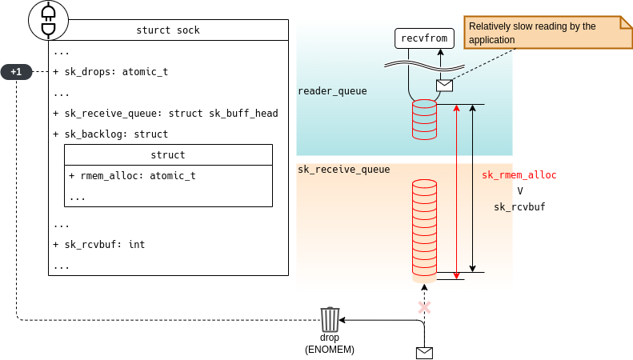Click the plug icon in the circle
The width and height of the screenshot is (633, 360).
(x=48, y=21)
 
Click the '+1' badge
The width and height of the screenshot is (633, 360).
(x=16, y=72)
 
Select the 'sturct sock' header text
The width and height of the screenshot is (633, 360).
(x=168, y=30)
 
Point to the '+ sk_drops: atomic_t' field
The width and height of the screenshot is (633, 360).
(x=110, y=72)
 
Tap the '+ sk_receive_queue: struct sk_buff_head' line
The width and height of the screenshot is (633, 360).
(x=166, y=114)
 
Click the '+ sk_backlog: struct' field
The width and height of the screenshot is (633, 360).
(x=110, y=134)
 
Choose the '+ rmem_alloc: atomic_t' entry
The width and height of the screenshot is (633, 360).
(x=132, y=176)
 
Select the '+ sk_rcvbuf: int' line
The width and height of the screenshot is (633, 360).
(x=99, y=245)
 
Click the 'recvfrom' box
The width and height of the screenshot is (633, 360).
(x=424, y=38)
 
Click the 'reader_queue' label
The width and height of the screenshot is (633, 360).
(x=332, y=91)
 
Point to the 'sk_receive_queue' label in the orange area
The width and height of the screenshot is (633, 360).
(x=344, y=170)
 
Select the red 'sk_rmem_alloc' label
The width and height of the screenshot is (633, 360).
(x=519, y=175)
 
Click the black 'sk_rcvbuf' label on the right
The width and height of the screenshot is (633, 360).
(x=519, y=207)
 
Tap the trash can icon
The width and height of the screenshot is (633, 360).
(x=330, y=319)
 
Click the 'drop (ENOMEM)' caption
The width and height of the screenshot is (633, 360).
(x=330, y=343)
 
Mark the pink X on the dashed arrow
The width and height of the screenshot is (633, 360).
(x=424, y=307)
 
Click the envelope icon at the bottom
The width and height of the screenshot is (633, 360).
(x=424, y=353)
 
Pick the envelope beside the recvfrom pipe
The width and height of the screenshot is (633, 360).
(x=444, y=85)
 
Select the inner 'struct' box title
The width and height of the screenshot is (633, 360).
(x=168, y=155)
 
